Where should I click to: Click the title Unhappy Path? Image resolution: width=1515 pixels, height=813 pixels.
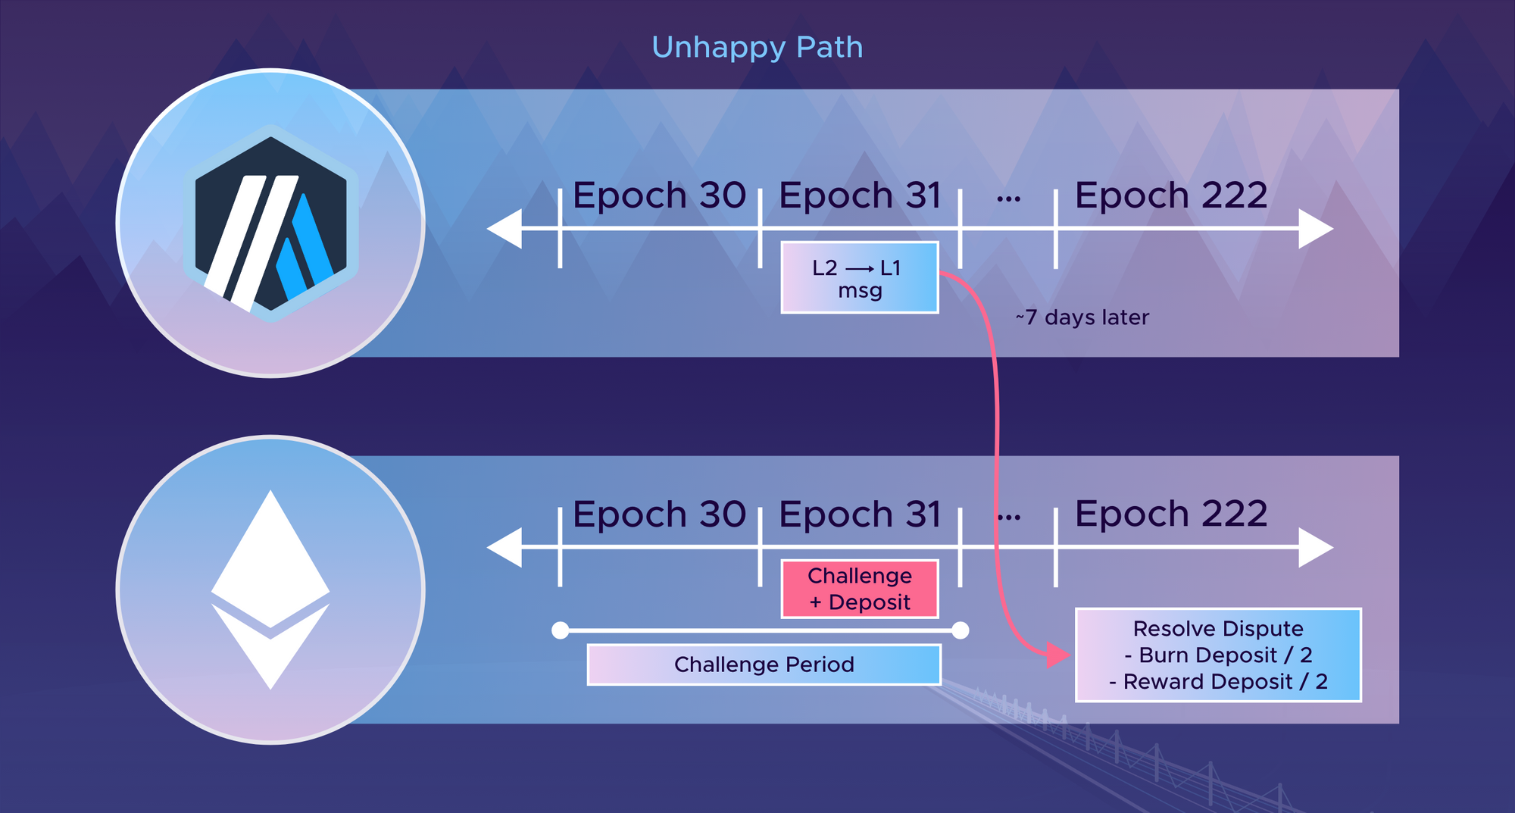click(757, 48)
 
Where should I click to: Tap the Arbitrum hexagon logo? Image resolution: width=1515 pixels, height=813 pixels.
click(270, 224)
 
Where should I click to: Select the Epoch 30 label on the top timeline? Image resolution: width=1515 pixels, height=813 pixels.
click(659, 195)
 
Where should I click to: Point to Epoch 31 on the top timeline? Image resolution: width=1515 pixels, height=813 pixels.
click(860, 195)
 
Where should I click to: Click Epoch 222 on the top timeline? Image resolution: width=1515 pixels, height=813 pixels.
click(1171, 195)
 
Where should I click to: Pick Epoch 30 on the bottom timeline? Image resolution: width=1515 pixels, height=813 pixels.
click(659, 514)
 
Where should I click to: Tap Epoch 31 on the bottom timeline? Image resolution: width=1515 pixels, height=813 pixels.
click(860, 514)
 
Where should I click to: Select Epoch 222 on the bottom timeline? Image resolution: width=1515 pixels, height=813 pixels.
click(1171, 514)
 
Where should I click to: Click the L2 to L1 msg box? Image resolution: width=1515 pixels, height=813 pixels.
click(860, 278)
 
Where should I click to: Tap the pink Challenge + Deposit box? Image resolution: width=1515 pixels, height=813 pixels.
click(860, 589)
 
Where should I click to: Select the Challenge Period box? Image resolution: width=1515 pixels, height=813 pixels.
click(764, 664)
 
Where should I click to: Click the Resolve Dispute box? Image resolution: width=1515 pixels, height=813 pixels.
click(1218, 655)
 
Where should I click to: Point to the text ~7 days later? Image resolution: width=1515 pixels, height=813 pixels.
click(1082, 317)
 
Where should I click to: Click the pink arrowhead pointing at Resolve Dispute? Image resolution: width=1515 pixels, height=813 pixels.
click(1057, 655)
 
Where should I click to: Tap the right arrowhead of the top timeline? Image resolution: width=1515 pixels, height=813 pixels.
click(1316, 228)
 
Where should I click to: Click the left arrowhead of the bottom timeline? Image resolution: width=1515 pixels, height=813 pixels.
click(504, 547)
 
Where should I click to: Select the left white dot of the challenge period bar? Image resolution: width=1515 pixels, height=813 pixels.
click(561, 630)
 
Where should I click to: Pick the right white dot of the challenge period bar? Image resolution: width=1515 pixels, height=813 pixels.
click(961, 630)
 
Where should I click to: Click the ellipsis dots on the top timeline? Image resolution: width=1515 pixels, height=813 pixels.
click(1008, 199)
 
